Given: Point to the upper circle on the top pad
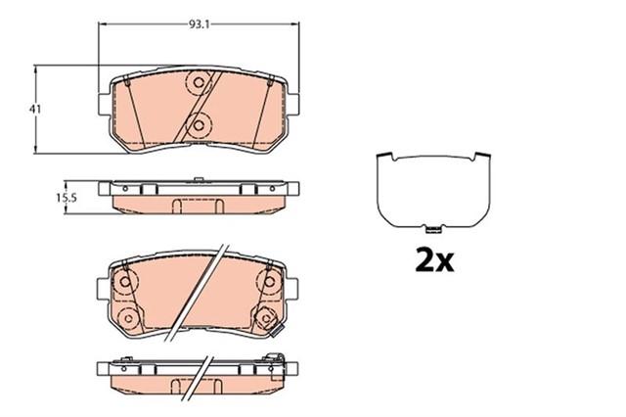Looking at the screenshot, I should (196, 84).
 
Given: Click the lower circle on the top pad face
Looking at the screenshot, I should (200, 124).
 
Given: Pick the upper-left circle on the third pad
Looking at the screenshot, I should (125, 283).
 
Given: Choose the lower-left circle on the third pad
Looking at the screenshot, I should (127, 316).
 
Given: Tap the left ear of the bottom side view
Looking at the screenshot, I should (106, 369).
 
